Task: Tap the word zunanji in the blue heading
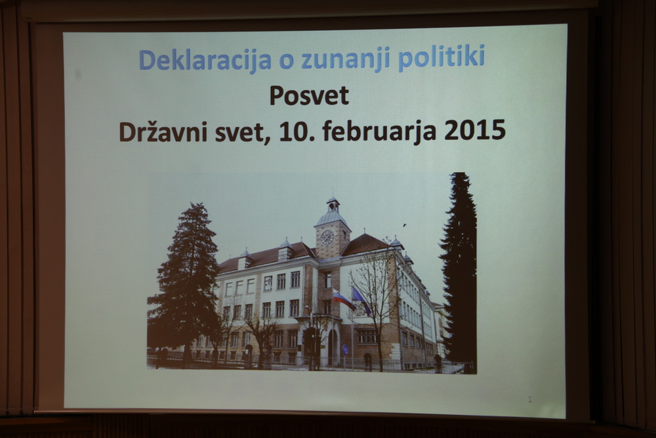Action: tap(345, 59)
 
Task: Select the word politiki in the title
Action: tap(441, 58)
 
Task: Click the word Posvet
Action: tap(309, 95)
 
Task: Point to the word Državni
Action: tap(163, 131)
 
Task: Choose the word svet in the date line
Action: tap(243, 132)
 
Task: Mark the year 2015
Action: tap(474, 130)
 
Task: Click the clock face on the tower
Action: tap(327, 238)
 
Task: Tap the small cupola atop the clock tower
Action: tap(333, 205)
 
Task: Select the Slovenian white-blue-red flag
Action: tap(343, 299)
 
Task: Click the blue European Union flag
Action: tap(361, 300)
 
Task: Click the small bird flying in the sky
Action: tap(404, 225)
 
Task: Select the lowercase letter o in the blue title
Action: tap(287, 61)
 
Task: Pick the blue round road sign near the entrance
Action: tap(345, 348)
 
